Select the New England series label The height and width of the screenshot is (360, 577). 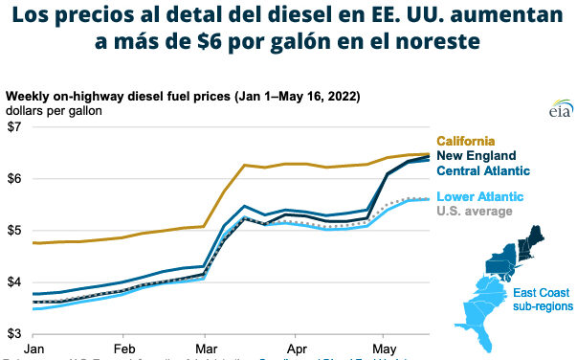point(477,156)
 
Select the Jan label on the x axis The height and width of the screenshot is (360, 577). point(35,347)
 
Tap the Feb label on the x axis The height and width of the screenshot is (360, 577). point(123,347)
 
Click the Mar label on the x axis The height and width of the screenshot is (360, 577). point(209,347)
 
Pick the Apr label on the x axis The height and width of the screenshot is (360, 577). point(297,347)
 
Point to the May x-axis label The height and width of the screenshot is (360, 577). point(384,347)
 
